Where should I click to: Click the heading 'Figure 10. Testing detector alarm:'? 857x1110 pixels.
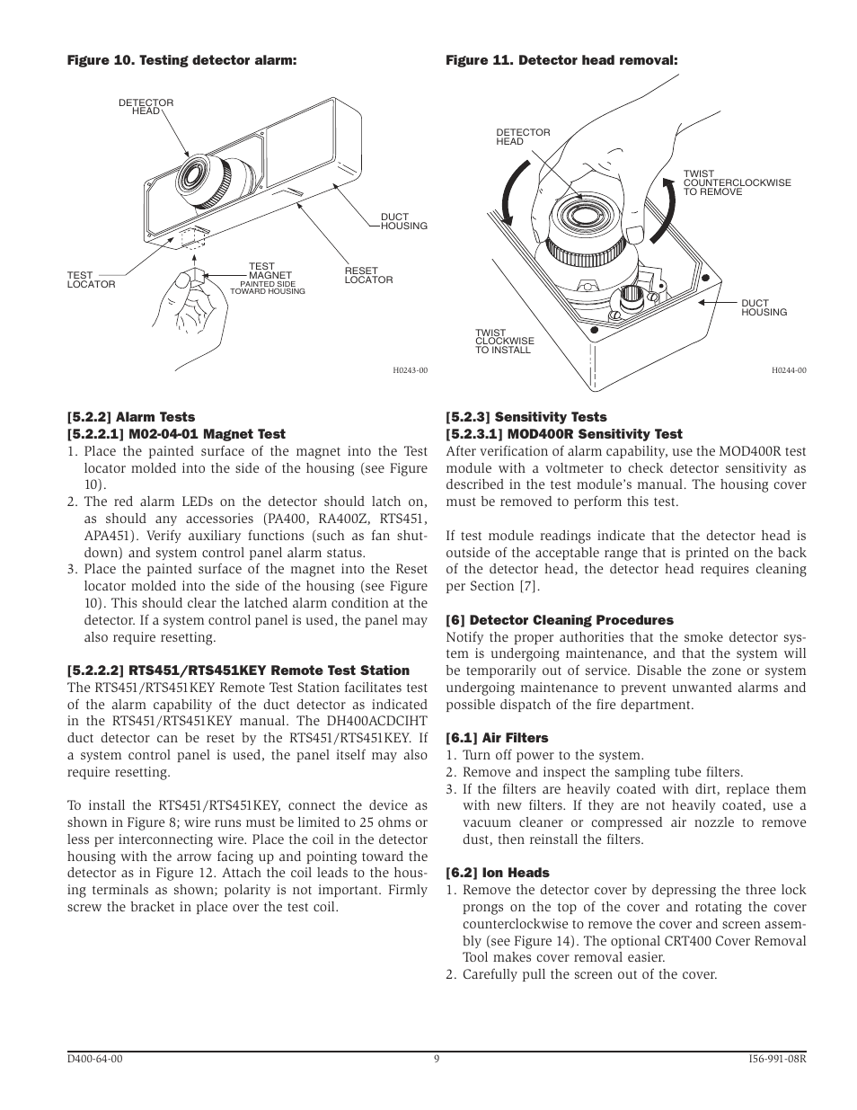tap(181, 61)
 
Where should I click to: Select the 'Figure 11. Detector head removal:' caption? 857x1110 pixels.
tap(561, 61)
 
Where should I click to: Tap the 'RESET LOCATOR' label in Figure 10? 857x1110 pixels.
tap(368, 275)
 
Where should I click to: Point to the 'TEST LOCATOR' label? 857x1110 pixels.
tap(91, 280)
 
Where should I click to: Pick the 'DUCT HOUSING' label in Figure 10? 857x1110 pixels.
tap(403, 221)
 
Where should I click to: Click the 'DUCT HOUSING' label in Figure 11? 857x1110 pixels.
tap(764, 307)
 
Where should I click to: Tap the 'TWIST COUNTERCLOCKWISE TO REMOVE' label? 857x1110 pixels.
tap(737, 182)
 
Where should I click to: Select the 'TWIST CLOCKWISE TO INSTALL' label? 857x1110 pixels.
tap(504, 341)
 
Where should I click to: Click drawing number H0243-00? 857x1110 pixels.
tap(410, 370)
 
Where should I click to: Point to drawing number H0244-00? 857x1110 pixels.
tap(789, 370)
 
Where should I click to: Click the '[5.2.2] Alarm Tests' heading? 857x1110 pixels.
tap(131, 417)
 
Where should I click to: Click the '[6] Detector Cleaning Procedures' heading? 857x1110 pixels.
tap(560, 620)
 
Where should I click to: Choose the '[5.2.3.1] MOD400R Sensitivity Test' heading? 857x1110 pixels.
tap(564, 434)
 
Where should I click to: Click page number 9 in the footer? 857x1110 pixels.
tap(437, 1059)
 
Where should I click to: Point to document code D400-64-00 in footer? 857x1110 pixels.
tap(95, 1059)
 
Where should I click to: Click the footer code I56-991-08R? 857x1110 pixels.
tap(777, 1059)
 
